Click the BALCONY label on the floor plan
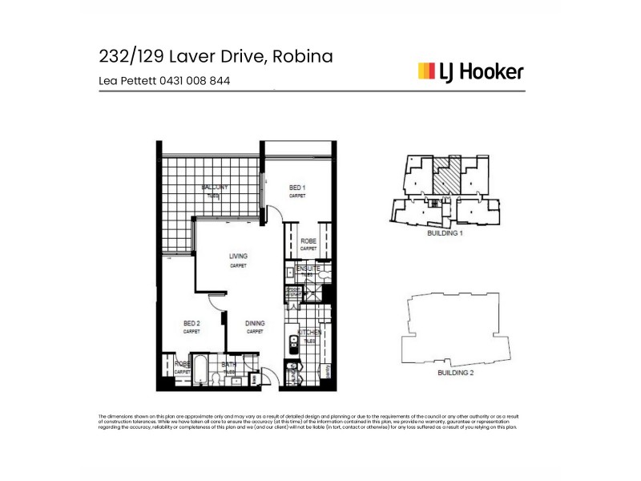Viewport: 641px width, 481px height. tap(215, 188)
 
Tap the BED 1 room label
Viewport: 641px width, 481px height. tap(298, 188)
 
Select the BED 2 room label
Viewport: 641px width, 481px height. tap(191, 323)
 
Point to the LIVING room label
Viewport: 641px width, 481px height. tap(238, 257)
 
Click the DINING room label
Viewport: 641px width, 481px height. tap(255, 323)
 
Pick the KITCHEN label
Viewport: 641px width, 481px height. tap(309, 332)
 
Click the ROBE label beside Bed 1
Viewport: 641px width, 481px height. tap(308, 241)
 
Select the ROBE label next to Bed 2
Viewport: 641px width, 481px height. tap(183, 364)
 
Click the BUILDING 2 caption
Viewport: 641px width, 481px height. tap(455, 374)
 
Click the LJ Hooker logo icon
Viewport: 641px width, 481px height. tap(426, 72)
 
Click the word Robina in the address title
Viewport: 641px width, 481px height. tap(303, 56)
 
